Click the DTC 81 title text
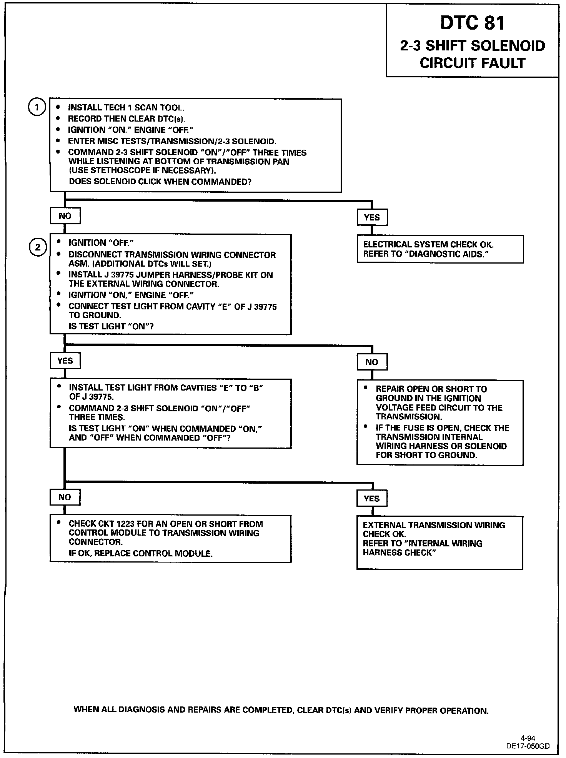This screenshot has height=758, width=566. point(472,23)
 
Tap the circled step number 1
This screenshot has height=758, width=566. point(37,108)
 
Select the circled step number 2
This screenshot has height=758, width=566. point(37,247)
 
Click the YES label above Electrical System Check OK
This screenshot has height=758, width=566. point(372,217)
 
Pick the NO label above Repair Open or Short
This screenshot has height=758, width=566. point(372,362)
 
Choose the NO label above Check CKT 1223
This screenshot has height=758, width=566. point(65,497)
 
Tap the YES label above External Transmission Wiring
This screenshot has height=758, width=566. point(371,499)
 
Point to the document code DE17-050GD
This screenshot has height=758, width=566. point(528,746)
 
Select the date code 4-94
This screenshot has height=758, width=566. point(528,738)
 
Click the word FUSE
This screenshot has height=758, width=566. point(410,428)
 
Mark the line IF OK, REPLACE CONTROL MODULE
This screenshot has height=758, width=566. point(141,554)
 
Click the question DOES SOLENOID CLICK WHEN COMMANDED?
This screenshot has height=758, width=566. point(160,182)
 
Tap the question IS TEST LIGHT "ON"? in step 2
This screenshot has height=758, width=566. point(112,326)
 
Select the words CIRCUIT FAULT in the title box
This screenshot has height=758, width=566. point(472,63)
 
